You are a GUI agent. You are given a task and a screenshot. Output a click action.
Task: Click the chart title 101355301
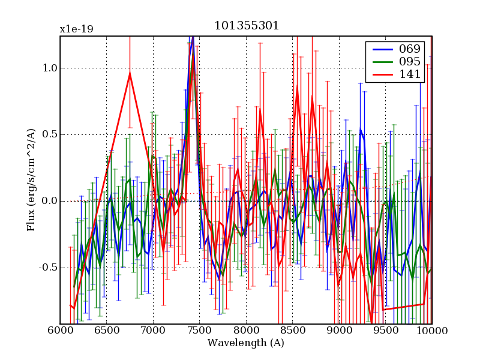pos(246,26)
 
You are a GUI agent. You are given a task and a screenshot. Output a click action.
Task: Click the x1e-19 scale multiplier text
pos(76,29)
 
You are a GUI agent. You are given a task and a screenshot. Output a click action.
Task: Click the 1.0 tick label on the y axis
pos(49,68)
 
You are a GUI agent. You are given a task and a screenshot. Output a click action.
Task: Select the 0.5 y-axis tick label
pos(49,134)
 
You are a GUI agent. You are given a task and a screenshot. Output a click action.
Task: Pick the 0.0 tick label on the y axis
pos(49,201)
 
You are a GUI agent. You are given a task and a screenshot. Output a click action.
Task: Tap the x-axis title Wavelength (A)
pos(246,343)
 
